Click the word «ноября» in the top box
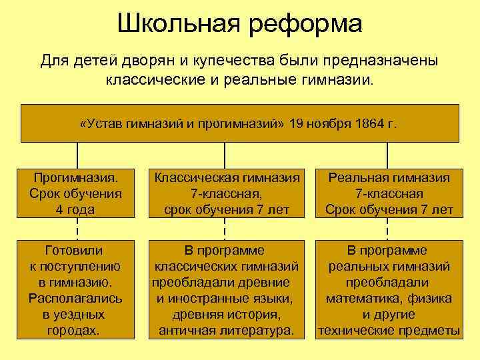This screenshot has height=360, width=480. [x=331, y=123]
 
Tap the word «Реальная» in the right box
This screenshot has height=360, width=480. [x=357, y=178]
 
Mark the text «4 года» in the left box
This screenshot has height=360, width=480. [x=75, y=209]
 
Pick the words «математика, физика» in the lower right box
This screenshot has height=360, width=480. [x=389, y=299]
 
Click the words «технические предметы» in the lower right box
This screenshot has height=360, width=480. [x=389, y=331]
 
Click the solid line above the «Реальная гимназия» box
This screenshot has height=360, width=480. [x=388, y=155]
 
